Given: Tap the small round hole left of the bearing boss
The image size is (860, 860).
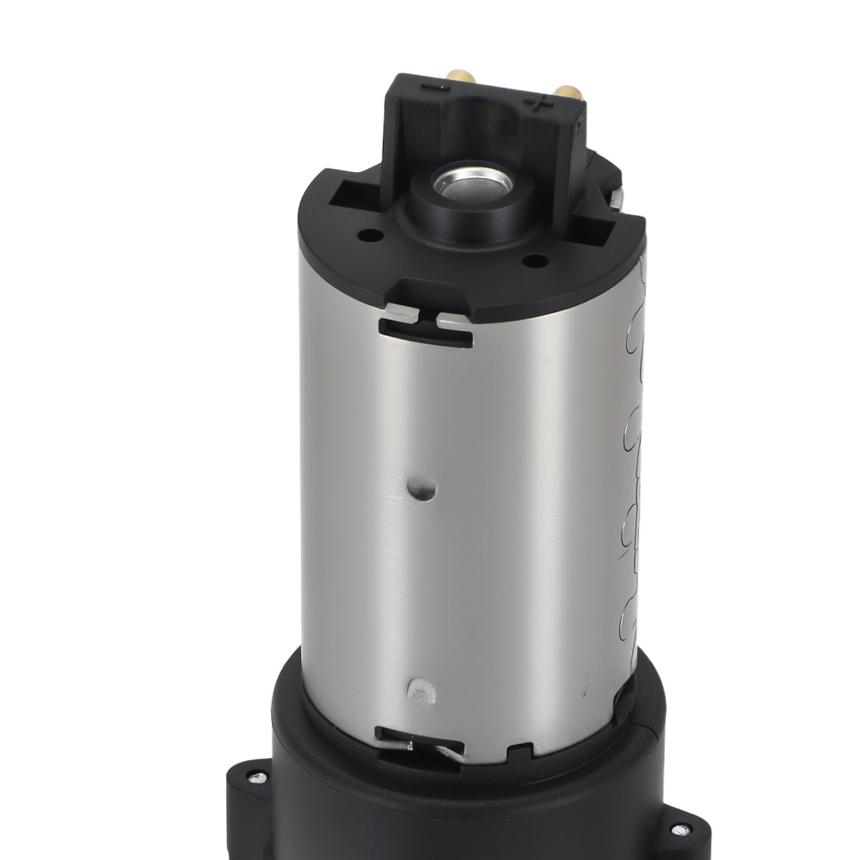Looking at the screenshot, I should (372, 233).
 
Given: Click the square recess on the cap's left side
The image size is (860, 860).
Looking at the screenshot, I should (349, 193).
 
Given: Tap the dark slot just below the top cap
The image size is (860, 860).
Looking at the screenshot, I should (425, 334).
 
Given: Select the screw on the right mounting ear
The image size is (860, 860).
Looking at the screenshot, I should (679, 830).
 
